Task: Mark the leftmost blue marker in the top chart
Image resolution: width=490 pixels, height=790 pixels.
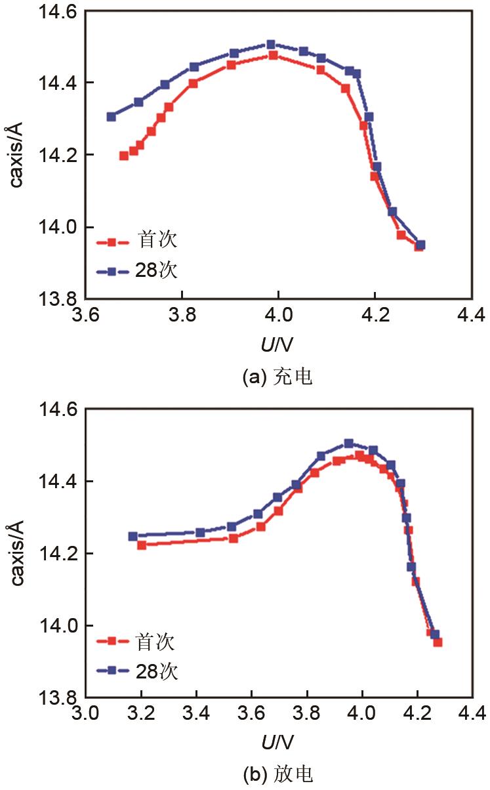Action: [x=112, y=117]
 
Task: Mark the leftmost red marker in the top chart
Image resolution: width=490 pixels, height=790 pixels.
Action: [x=123, y=156]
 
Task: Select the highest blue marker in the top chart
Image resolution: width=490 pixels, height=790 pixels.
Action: [x=271, y=45]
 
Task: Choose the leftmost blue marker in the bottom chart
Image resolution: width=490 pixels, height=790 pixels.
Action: [x=133, y=536]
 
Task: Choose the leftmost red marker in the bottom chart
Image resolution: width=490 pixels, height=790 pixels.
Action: [x=141, y=545]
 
